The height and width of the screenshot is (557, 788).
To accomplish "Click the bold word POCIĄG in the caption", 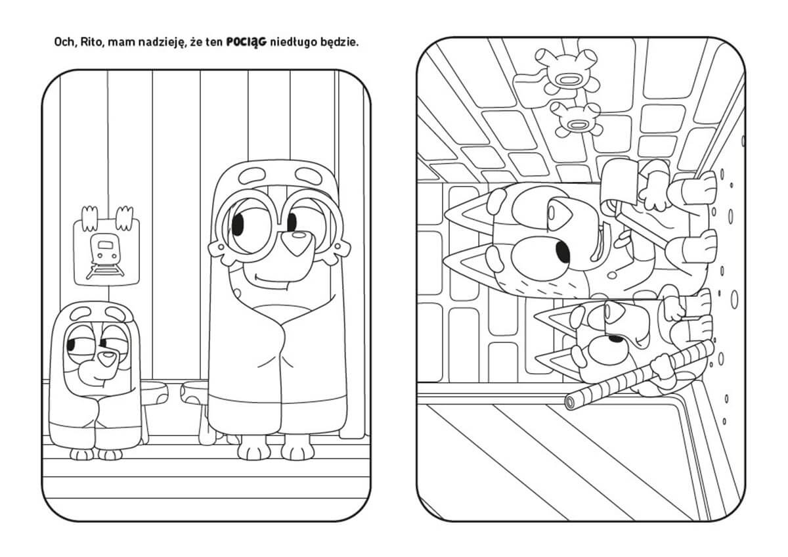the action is (246, 43).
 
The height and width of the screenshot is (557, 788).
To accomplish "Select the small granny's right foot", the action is (81, 455).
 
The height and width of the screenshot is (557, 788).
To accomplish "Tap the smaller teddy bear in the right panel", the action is (578, 120).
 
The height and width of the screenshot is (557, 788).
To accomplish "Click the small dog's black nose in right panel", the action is (616, 339).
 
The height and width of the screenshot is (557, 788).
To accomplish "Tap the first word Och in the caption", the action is (65, 43).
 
